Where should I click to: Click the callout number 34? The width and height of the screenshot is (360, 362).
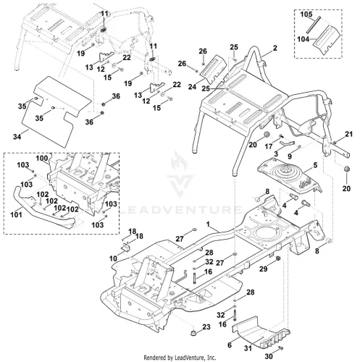(x=17, y=137)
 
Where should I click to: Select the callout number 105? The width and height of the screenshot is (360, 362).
(x=306, y=14)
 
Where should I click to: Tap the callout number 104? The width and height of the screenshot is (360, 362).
(x=304, y=39)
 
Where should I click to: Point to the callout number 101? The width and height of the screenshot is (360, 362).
(x=16, y=214)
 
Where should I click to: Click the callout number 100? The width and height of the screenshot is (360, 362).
(x=42, y=159)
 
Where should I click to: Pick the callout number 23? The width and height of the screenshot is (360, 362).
(x=206, y=327)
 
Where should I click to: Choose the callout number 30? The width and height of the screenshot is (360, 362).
(x=269, y=356)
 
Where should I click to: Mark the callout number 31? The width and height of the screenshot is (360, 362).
(x=248, y=348)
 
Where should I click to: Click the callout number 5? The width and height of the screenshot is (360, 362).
(x=315, y=165)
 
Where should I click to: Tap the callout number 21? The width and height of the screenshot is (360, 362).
(x=349, y=134)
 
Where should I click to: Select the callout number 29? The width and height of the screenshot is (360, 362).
(x=264, y=269)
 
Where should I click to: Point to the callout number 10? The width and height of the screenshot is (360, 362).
(x=113, y=258)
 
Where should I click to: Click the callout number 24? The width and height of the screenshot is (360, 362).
(x=192, y=87)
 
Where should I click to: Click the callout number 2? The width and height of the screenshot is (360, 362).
(x=275, y=48)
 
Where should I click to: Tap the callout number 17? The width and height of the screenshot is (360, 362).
(x=269, y=146)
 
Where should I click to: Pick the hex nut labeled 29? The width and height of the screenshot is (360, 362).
(x=277, y=258)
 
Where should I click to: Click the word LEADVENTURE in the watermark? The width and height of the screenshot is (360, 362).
(x=180, y=209)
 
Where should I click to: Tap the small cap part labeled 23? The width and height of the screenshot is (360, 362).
(x=193, y=334)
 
